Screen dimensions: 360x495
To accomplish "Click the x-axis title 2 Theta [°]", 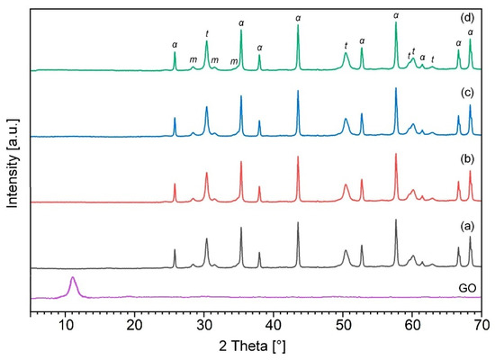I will pos(256,346).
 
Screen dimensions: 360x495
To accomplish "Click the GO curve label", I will pos(465,287).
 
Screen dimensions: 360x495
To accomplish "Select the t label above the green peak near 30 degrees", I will pos(207,33).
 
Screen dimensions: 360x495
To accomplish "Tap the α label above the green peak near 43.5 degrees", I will pos(298,17).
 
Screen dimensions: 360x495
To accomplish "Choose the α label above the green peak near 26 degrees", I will pos(175,44).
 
